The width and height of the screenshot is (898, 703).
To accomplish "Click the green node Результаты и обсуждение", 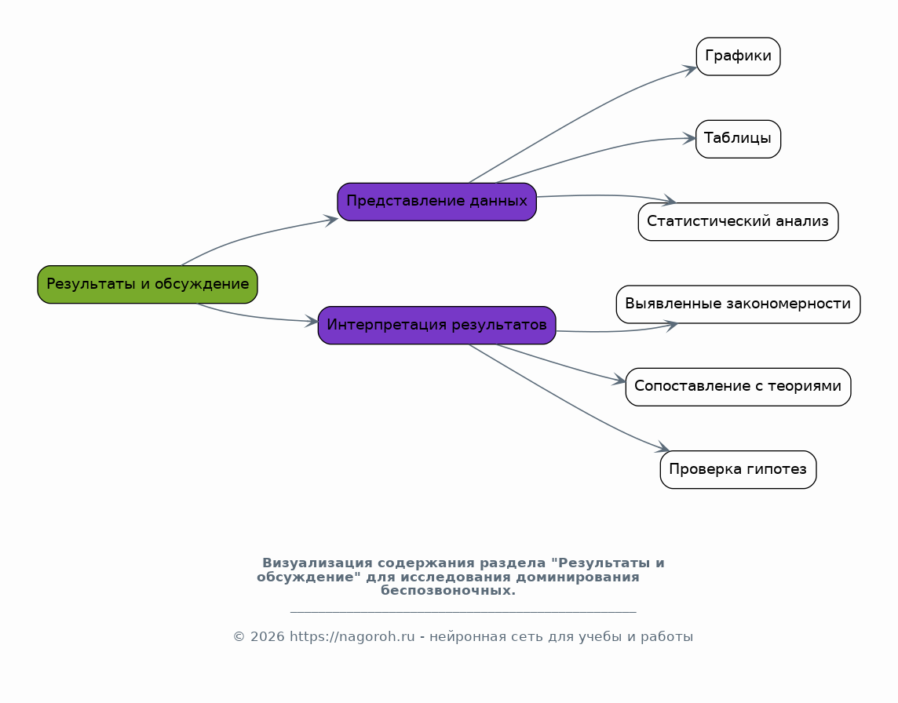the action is point(148,285).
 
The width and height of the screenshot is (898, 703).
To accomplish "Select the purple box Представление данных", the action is point(437,202).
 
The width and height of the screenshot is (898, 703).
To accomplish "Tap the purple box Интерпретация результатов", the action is point(437,325).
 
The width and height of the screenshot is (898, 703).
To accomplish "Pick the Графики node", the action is point(738,56).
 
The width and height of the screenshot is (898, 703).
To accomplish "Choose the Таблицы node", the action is point(738,139).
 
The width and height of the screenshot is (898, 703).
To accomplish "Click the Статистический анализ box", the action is point(738,221).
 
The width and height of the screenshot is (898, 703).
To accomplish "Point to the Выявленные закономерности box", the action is point(738,304).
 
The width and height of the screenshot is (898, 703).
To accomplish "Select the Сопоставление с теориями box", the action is point(738,387).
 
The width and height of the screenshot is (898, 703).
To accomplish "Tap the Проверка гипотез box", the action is point(738,469).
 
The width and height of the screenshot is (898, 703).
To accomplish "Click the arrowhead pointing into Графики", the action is point(690,70).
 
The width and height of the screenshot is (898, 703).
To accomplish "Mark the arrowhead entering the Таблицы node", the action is point(689,139).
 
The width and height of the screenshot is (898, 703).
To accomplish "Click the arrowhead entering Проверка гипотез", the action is point(663,448).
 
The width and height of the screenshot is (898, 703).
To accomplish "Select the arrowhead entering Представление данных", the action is point(331,220).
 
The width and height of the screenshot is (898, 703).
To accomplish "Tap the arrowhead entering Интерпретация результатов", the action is point(312,321).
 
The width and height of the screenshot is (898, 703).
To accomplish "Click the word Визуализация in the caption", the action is point(317,563).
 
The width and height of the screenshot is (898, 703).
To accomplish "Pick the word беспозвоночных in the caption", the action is point(448,591).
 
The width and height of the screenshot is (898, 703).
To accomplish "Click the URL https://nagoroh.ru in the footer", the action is point(352,637).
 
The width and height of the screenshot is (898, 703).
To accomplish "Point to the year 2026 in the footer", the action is point(267,637).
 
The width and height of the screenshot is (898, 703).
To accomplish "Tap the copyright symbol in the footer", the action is point(239,637).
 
